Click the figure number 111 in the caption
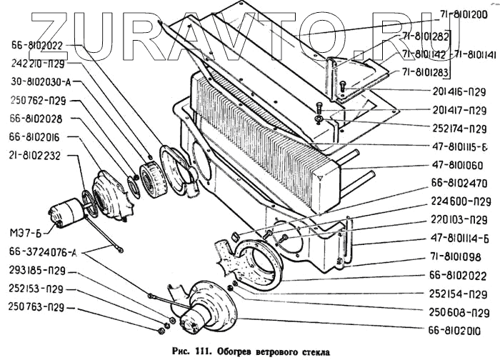coord(204,351)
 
